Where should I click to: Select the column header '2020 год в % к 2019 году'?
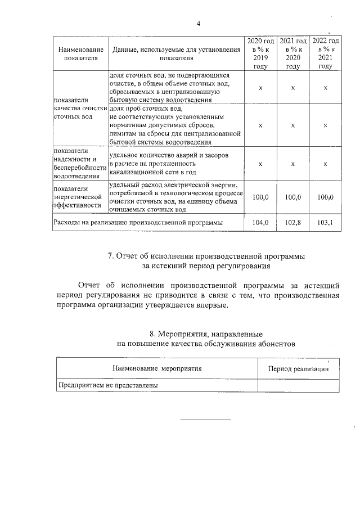[260, 53]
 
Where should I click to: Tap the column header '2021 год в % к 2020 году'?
[293, 53]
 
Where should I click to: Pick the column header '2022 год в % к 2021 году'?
[326, 53]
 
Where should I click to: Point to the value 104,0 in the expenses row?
[260, 223]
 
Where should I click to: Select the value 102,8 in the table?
[293, 223]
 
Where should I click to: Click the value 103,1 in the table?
[326, 223]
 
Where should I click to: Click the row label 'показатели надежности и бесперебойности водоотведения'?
[79, 163]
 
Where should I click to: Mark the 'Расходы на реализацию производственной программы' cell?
[138, 223]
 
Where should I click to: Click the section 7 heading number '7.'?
[111, 256]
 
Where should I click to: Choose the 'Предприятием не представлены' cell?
[106, 385]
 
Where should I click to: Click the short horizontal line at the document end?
[205, 420]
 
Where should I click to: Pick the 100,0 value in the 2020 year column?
[260, 197]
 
